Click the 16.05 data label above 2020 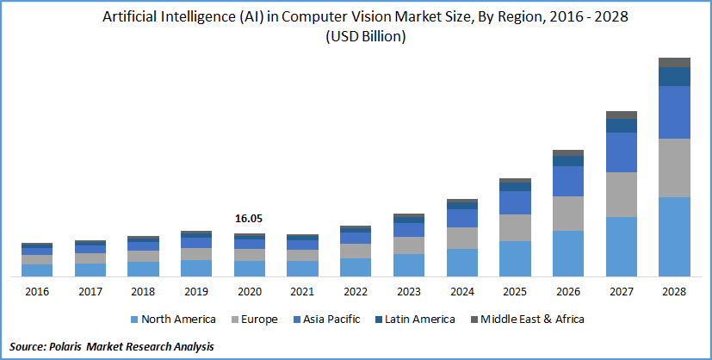tap(250, 220)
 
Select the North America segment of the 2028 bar tap(675, 237)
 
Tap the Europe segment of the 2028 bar tap(675, 168)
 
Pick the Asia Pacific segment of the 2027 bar tap(622, 152)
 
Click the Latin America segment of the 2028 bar tap(675, 77)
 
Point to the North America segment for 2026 tap(568, 253)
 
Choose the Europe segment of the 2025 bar tap(515, 227)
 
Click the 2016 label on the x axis tap(37, 292)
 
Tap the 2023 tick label tap(409, 292)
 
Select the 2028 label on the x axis tap(675, 292)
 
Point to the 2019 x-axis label tap(196, 292)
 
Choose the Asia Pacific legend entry tap(330, 320)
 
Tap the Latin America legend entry tap(420, 320)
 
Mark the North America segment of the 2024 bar tap(462, 263)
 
